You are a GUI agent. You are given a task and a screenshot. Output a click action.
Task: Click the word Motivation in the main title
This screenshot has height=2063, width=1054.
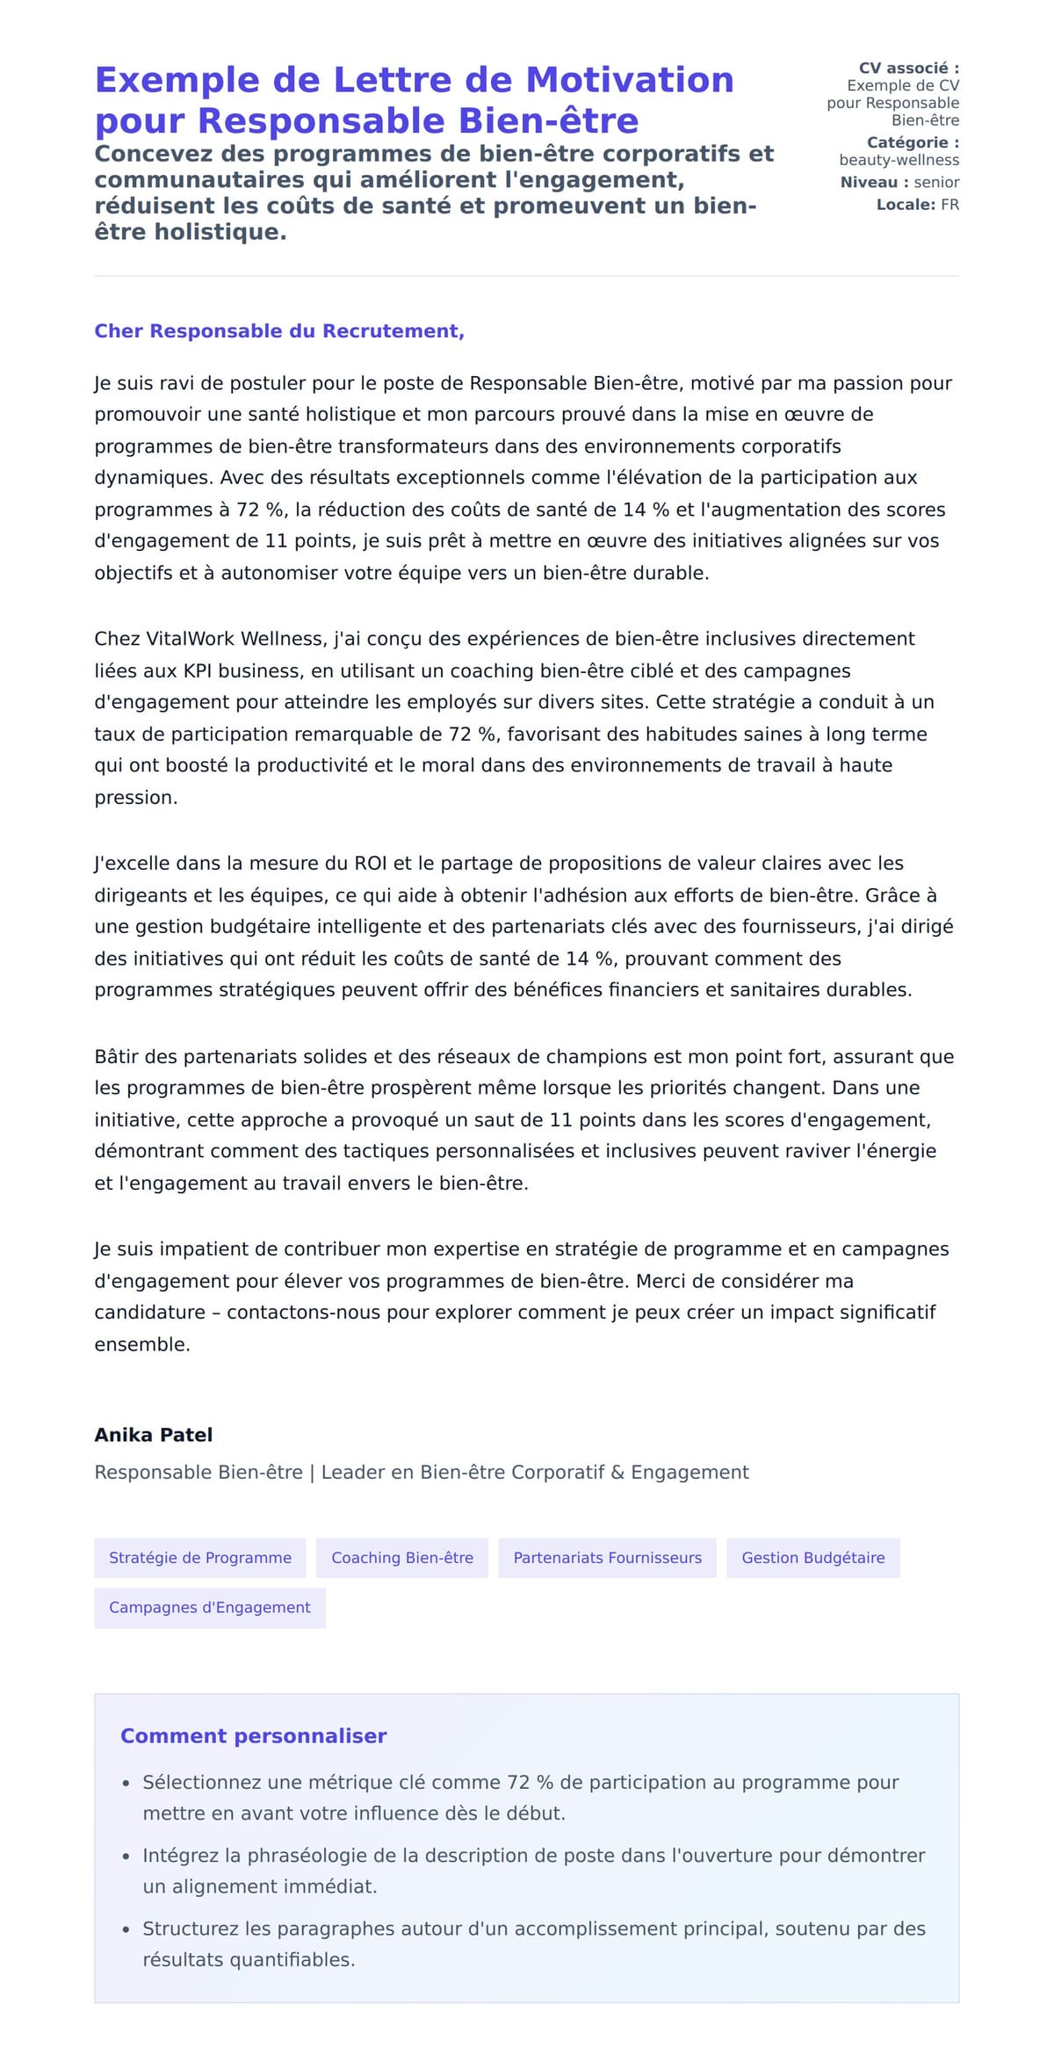click(629, 81)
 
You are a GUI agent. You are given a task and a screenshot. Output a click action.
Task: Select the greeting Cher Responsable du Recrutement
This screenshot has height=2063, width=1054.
click(279, 331)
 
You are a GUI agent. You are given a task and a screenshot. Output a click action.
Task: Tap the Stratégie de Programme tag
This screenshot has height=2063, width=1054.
click(200, 1558)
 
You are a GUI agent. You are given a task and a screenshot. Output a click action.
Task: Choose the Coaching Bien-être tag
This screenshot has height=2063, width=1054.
click(402, 1558)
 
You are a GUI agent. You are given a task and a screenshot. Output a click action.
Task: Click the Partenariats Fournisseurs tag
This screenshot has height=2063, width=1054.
click(607, 1558)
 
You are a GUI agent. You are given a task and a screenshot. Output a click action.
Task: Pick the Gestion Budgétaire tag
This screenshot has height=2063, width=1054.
click(812, 1558)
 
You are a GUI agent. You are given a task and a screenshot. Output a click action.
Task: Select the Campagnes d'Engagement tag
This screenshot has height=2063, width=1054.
click(210, 1607)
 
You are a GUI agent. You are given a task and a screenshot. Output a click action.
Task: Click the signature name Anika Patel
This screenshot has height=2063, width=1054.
click(154, 1435)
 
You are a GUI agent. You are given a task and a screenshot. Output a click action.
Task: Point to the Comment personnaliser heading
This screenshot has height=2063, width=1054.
click(253, 1736)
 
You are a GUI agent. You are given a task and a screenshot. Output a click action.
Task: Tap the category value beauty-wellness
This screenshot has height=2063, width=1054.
click(899, 160)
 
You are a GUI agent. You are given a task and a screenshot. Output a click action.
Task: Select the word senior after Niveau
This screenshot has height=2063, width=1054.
click(936, 183)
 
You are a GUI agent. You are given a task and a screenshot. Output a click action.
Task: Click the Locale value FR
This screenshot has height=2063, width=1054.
click(949, 205)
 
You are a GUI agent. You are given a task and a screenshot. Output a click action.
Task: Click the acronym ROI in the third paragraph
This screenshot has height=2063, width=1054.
click(371, 864)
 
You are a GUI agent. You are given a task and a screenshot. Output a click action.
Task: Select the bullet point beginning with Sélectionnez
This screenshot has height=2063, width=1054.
click(520, 1797)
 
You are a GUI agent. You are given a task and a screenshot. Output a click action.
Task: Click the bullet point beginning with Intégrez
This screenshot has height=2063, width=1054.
click(533, 1871)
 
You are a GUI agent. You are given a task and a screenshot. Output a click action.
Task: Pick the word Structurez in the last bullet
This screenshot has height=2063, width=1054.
click(191, 1929)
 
